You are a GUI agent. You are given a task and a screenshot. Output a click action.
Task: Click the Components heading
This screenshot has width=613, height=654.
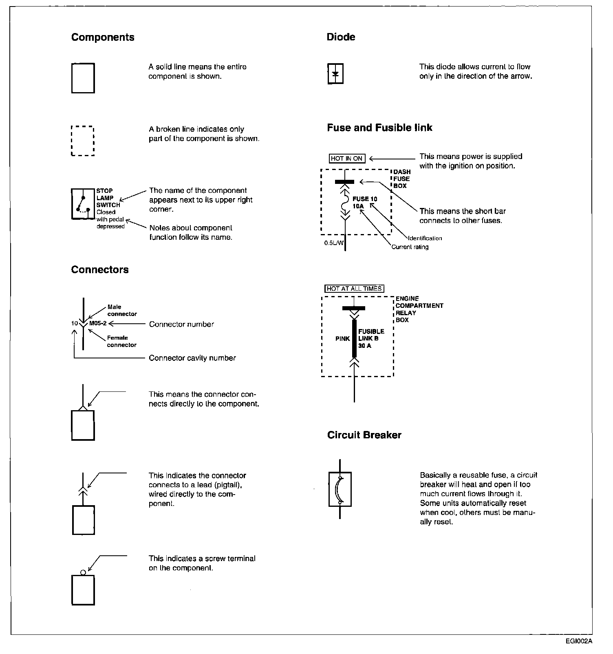click(x=103, y=37)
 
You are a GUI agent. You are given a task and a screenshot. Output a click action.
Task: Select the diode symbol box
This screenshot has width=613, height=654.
click(x=335, y=74)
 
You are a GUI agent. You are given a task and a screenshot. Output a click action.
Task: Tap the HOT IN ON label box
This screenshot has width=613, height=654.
click(x=347, y=159)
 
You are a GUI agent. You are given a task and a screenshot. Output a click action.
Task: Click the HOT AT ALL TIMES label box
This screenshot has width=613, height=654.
click(x=355, y=289)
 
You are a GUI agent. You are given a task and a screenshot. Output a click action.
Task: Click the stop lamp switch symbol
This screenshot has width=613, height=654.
click(x=83, y=204)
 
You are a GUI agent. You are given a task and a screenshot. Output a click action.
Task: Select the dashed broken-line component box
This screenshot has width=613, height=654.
click(x=83, y=141)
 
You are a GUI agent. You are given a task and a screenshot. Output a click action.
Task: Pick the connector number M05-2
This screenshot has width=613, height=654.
click(x=98, y=324)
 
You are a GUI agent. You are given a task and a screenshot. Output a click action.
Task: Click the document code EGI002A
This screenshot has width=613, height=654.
click(x=578, y=641)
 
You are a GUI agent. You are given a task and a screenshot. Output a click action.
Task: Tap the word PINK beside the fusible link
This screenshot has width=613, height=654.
click(x=343, y=338)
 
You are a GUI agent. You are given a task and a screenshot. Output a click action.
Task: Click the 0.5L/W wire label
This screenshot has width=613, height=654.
click(x=333, y=243)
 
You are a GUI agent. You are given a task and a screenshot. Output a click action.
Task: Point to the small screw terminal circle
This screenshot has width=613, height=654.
click(x=83, y=572)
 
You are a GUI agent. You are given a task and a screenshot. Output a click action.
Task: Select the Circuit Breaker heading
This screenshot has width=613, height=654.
click(x=364, y=435)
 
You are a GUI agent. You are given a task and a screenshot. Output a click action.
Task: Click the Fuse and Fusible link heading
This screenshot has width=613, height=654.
click(x=379, y=128)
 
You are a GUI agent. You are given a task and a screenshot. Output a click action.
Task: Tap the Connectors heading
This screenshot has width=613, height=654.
click(x=100, y=270)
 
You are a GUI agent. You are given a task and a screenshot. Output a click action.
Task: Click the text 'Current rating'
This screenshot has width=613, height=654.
click(x=410, y=247)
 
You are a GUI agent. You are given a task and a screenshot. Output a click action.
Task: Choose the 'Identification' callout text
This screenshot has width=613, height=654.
click(x=425, y=238)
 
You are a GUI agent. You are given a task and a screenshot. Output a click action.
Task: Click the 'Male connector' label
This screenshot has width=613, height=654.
click(x=121, y=310)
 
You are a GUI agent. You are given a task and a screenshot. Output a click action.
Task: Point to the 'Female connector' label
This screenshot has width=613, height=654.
click(x=121, y=341)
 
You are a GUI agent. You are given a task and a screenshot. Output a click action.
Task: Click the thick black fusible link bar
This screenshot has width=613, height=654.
click(x=354, y=338)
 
